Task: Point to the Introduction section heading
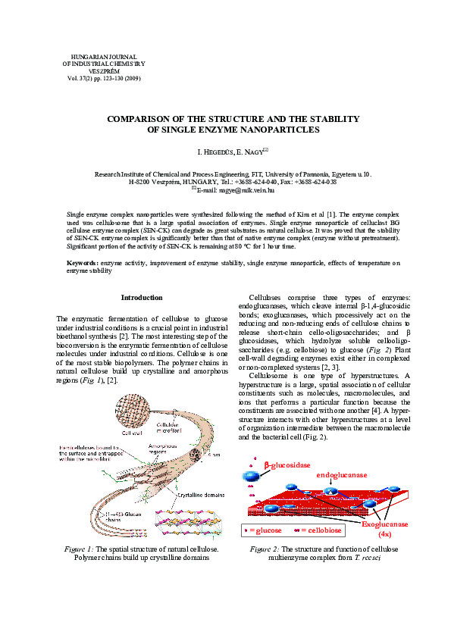coord(142,298)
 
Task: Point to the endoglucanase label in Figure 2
coord(341,474)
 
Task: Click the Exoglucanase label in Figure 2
coord(384,524)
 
